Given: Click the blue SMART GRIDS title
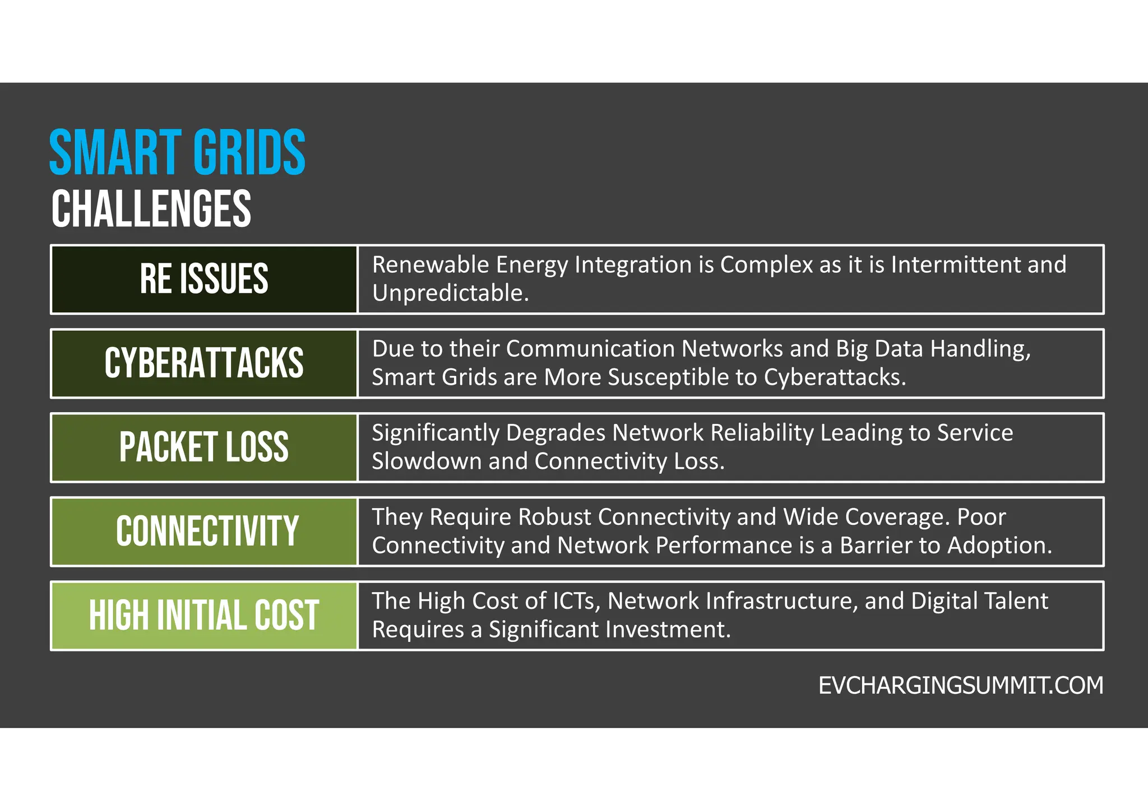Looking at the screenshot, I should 177,152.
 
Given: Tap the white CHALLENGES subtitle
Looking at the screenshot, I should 151,208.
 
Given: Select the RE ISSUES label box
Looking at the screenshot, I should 204,279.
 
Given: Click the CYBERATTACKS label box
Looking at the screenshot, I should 204,363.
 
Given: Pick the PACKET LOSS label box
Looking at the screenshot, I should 204,447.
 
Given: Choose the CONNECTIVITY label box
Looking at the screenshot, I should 204,531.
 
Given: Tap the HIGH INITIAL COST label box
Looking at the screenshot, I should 204,615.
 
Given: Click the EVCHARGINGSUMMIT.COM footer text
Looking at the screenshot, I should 960,686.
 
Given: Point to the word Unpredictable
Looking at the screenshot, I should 450,293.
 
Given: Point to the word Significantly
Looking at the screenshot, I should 436,433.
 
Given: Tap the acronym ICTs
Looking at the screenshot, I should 576,601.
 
